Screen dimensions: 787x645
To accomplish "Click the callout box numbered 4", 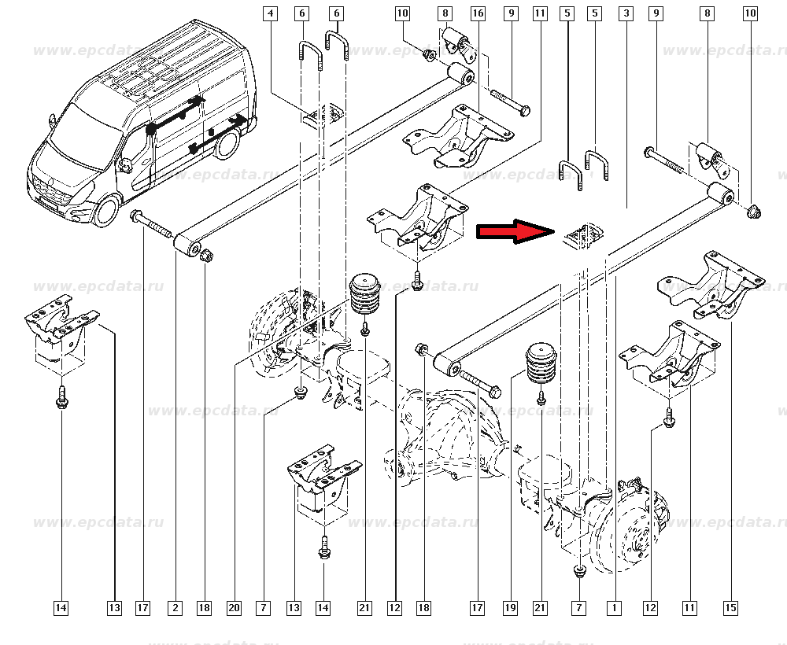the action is (271, 13).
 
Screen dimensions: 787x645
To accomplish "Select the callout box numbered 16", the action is (478, 13).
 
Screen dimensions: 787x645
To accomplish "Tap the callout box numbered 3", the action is (626, 13).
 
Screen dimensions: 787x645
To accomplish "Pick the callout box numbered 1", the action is (614, 608).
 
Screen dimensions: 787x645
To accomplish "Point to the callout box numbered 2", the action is (176, 608).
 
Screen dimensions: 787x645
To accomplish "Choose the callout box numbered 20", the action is (234, 608).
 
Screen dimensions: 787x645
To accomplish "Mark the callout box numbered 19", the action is (510, 608).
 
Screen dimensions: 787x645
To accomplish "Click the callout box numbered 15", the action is (731, 608).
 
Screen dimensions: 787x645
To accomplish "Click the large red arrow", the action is (515, 231).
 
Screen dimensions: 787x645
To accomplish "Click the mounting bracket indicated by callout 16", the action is (458, 136).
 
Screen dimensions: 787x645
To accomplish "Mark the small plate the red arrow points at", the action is (582, 235).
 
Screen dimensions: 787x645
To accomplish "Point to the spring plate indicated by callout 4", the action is (323, 115).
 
